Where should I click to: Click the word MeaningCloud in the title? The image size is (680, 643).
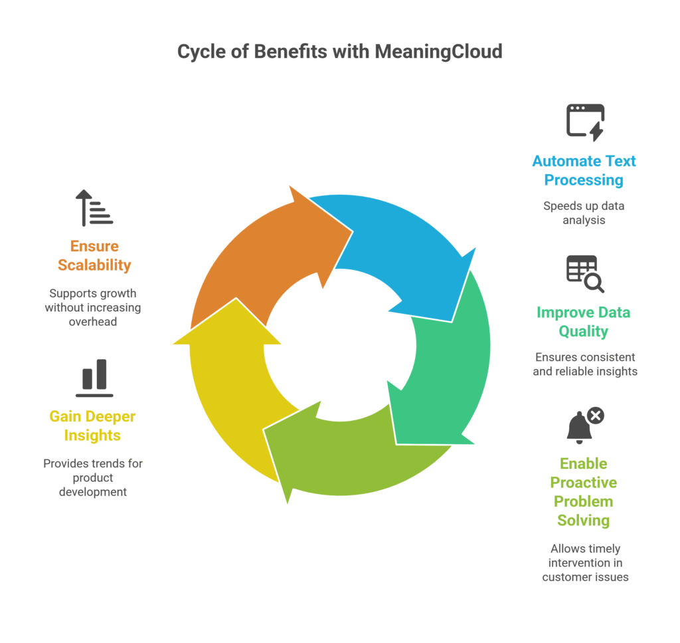point(438,52)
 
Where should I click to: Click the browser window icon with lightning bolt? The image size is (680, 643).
point(585,122)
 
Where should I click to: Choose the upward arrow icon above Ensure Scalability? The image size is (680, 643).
point(94,207)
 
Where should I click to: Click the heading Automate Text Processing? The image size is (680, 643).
point(584,170)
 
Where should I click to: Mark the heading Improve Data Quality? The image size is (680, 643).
point(584,322)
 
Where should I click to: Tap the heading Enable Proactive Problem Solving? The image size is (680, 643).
point(584,491)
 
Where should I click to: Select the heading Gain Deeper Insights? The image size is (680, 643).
point(92,426)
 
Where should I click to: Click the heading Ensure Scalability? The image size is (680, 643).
point(94,255)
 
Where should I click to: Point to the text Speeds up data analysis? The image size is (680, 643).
point(584,213)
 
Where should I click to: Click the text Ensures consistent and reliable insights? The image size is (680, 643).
point(585,364)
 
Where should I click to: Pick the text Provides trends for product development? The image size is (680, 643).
point(93,477)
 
